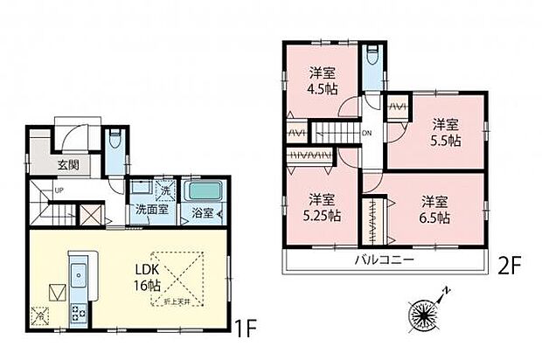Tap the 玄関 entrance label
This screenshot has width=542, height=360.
pos(69,164)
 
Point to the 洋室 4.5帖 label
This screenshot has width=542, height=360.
pos(321,80)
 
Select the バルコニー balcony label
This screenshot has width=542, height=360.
pos(383,260)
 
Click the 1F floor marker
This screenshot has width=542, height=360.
pos(246,329)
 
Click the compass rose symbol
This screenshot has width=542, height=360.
pos(423,315)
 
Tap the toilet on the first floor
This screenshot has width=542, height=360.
pos(115,142)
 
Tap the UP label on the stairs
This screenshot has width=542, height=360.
pos(59,190)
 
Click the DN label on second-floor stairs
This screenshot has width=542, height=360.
pos(366,133)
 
